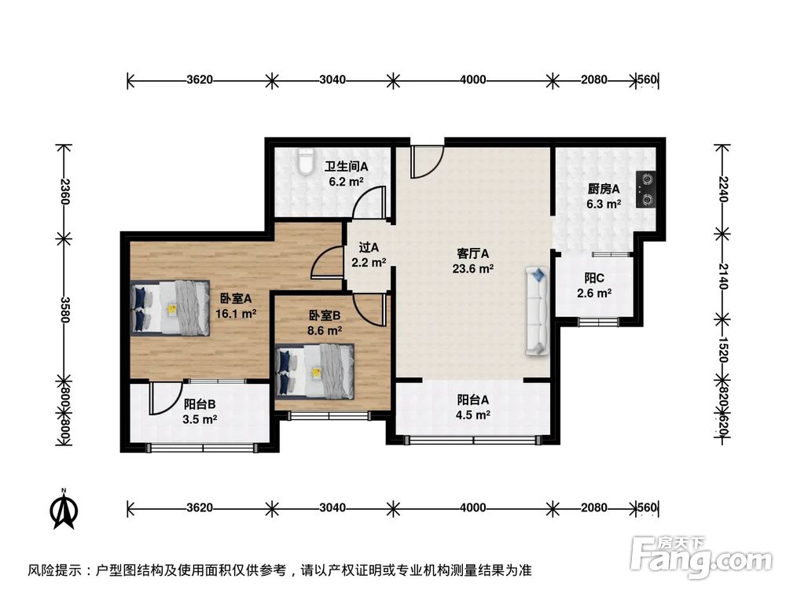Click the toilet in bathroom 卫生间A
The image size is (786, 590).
pyautogui.click(x=304, y=162)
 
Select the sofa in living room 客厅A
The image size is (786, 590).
pyautogui.click(x=538, y=311)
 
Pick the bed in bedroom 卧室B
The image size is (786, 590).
pyautogui.click(x=314, y=371)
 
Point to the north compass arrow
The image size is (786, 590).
pyautogui.click(x=64, y=509)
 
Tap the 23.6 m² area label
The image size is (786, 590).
pyautogui.click(x=474, y=268)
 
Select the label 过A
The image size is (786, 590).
pyautogui.click(x=369, y=247)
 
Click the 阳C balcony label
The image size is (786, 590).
pyautogui.click(x=593, y=278)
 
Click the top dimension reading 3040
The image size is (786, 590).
pyautogui.click(x=332, y=79)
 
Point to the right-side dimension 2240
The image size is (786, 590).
pyautogui.click(x=722, y=189)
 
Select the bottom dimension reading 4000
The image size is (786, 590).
pyautogui.click(x=472, y=507)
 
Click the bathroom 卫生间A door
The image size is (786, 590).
pyautogui.click(x=369, y=203)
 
